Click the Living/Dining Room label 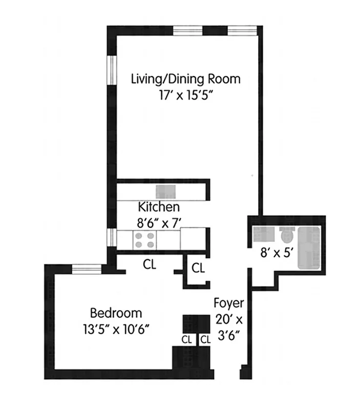click(185, 79)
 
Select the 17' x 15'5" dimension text click(185, 95)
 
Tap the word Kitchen click(159, 207)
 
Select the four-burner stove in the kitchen click(144, 239)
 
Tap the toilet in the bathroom click(287, 236)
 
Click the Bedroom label click(116, 313)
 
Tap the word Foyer click(228, 302)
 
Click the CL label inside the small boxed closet click(198, 268)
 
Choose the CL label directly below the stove click(150, 265)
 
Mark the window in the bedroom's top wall click(86, 266)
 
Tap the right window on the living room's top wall click(241, 30)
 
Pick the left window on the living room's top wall click(188, 30)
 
